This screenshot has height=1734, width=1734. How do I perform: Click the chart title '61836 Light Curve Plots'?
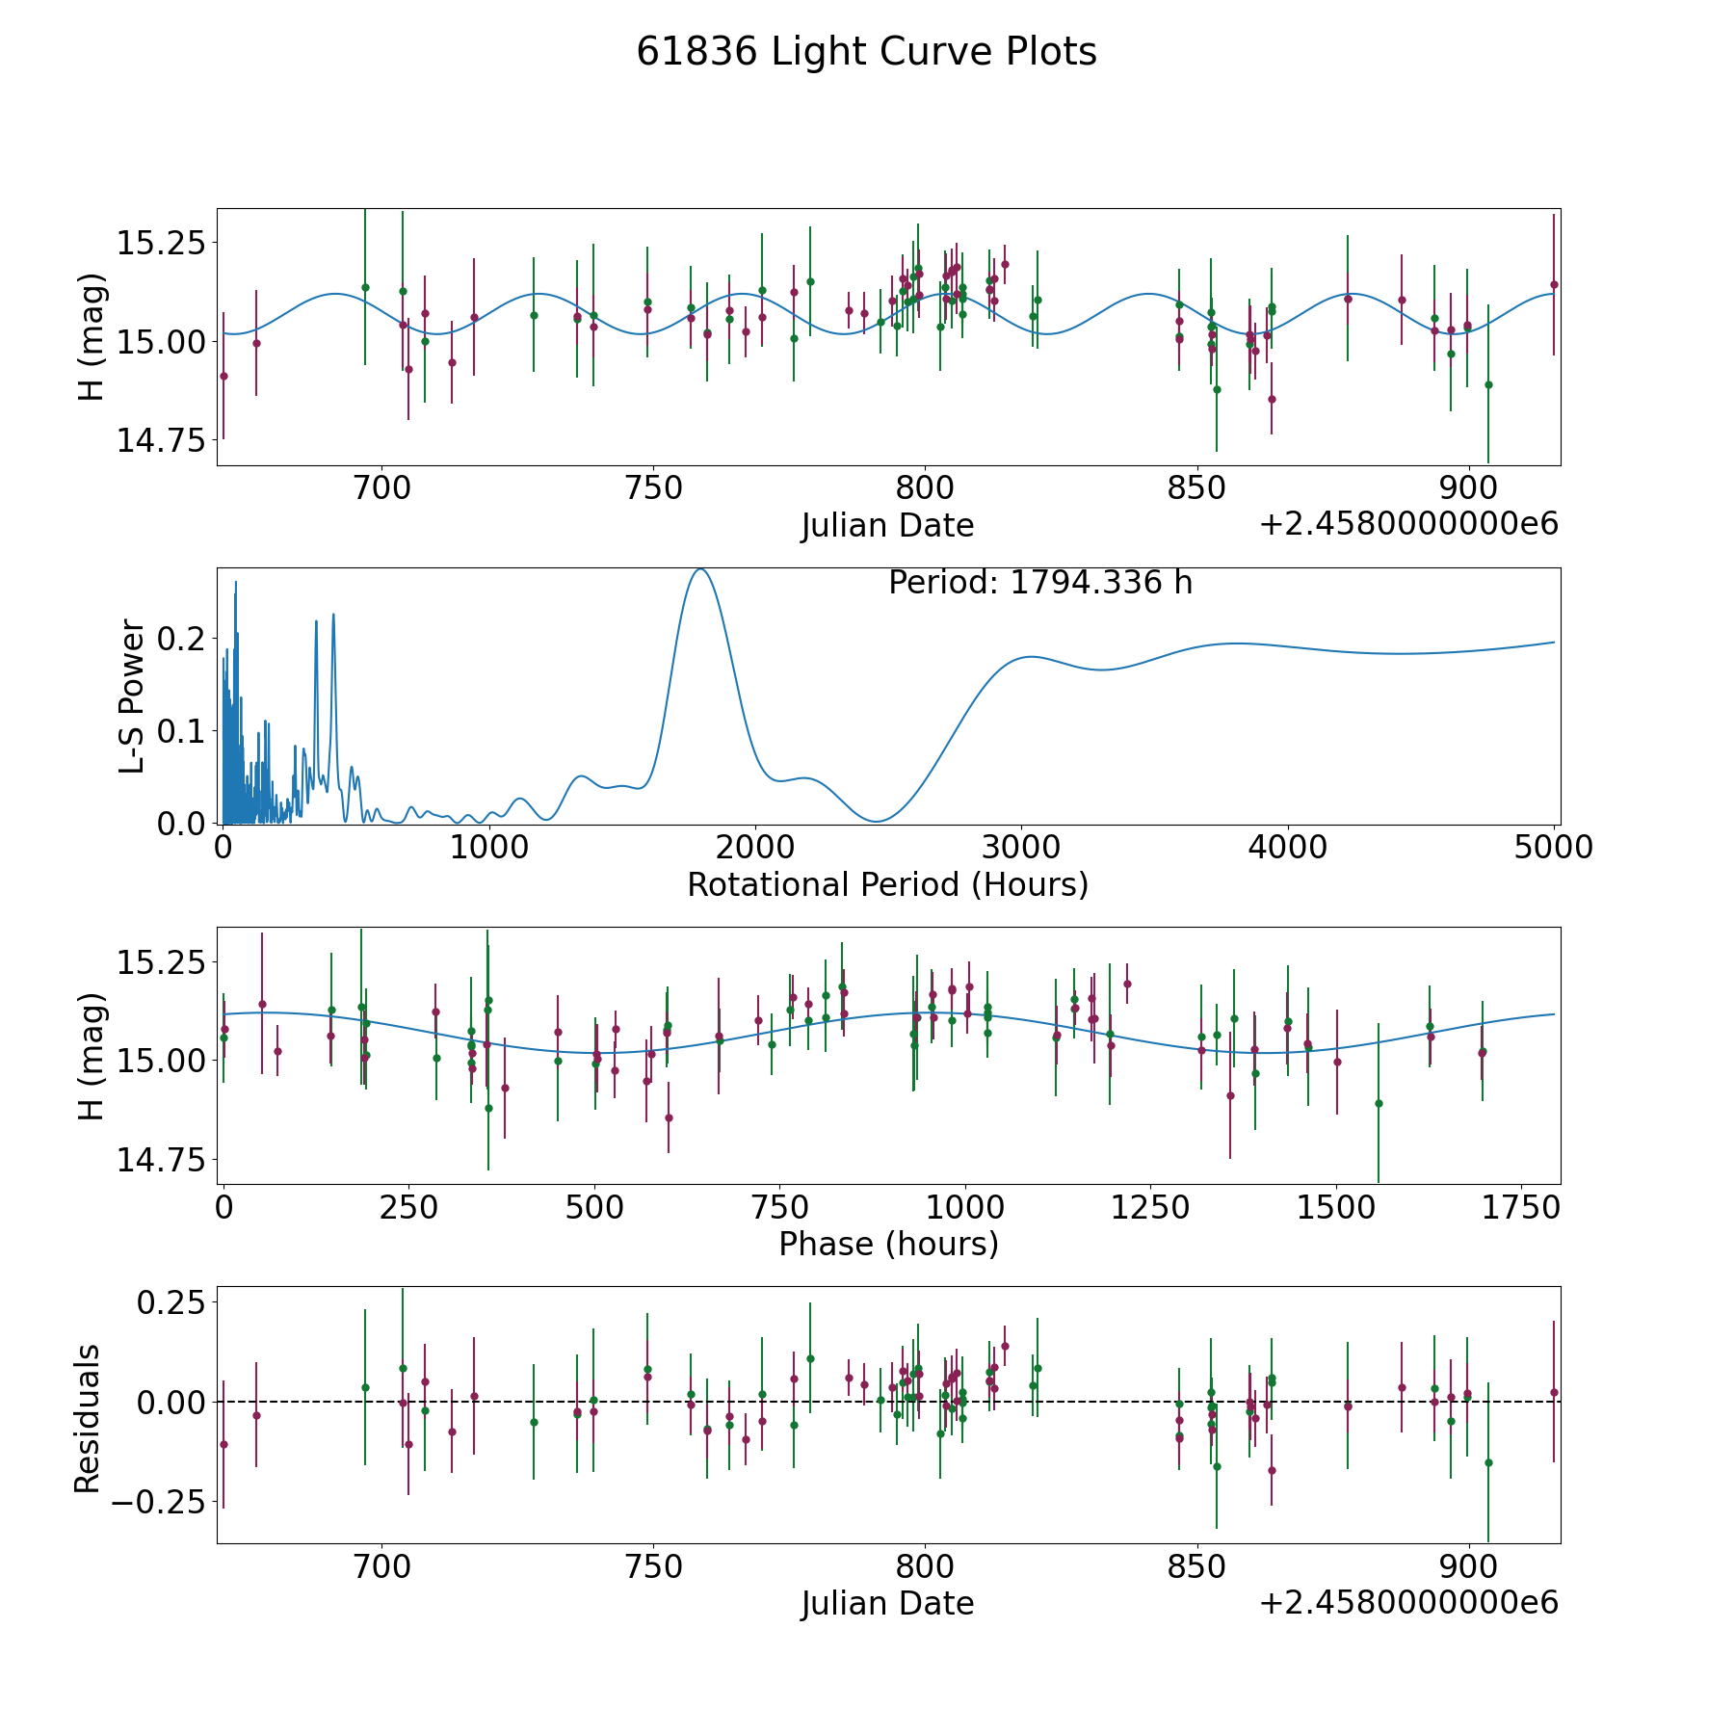(x=866, y=52)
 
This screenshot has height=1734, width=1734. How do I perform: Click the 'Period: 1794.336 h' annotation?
(x=1040, y=583)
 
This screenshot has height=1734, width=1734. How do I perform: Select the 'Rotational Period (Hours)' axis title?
(x=887, y=884)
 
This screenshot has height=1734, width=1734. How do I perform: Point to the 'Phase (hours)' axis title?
(x=887, y=1244)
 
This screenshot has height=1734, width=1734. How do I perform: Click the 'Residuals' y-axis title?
(x=88, y=1418)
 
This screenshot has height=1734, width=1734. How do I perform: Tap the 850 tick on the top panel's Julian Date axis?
(x=1196, y=488)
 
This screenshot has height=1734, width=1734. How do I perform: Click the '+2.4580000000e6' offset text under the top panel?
(x=1408, y=524)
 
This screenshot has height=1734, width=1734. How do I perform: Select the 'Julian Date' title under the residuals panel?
(x=887, y=1603)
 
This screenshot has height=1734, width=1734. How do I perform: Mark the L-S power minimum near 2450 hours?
(x=876, y=821)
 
